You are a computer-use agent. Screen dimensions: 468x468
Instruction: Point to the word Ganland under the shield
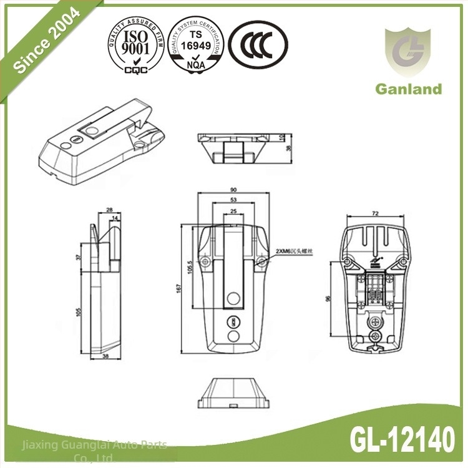click(408, 89)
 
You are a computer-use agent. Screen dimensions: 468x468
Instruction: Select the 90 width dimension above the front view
click(233, 190)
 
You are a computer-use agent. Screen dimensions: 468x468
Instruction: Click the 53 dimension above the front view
click(233, 200)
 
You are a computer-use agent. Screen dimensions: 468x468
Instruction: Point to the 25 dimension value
click(233, 212)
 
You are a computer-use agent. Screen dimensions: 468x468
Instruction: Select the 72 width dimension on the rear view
click(375, 213)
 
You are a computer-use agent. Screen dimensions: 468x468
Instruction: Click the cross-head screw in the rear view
click(375, 321)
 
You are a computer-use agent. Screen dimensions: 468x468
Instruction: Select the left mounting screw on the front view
click(205, 261)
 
